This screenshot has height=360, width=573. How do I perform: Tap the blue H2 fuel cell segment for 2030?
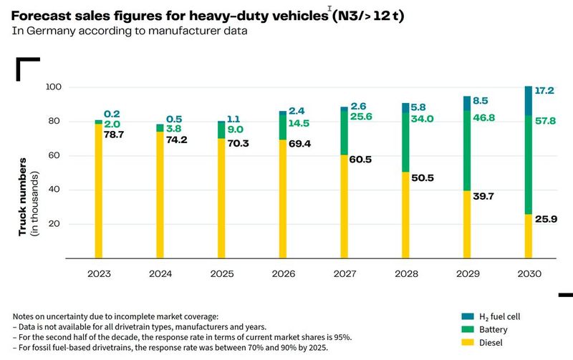[529, 101]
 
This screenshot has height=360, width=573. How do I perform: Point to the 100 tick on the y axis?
[55, 87]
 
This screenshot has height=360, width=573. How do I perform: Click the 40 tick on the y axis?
[57, 190]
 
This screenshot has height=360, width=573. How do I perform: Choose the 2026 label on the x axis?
[283, 274]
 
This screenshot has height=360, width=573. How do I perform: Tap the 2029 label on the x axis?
[467, 274]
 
